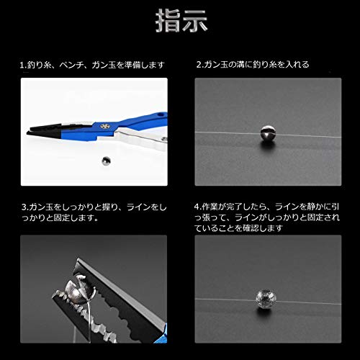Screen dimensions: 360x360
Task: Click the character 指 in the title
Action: coord(167,19)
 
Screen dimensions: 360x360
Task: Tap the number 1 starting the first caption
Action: coord(22,64)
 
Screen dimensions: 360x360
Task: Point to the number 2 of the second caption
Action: coord(199,64)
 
